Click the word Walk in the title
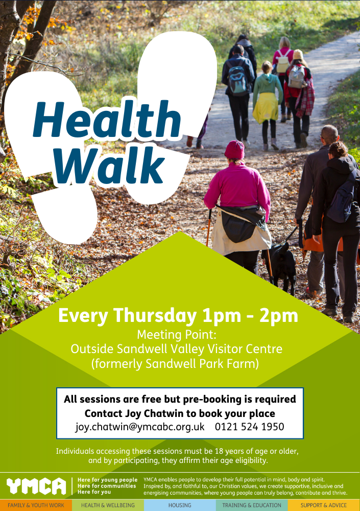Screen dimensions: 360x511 (109, 165)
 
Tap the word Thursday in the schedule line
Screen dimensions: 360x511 (155, 315)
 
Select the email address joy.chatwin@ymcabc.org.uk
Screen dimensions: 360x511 (140, 427)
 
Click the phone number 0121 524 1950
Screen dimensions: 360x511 (250, 427)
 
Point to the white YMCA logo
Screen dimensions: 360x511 (36, 486)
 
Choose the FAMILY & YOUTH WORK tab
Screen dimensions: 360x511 (36, 505)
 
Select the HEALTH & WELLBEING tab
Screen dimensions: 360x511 (108, 505)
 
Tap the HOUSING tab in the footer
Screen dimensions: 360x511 (180, 505)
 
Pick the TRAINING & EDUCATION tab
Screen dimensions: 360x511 (252, 505)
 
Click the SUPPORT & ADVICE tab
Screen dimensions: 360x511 (324, 505)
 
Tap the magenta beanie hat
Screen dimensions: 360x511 (234, 150)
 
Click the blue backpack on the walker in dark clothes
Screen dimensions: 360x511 (237, 80)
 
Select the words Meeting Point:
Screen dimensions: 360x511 (177, 335)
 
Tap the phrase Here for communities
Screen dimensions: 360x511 (107, 486)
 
